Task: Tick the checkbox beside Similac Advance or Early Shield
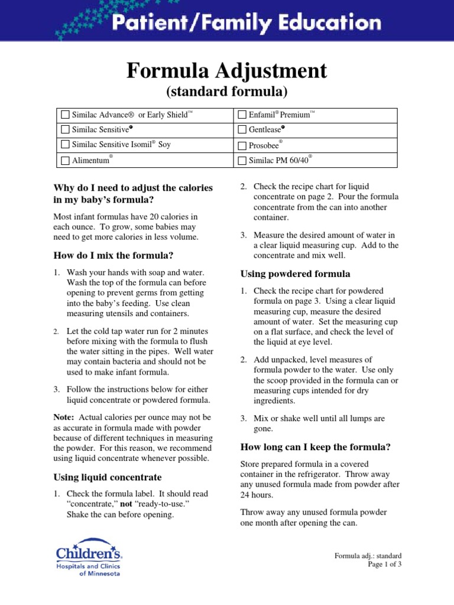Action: tap(65, 114)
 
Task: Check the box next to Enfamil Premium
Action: tap(242, 114)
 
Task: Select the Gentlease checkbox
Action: tap(242, 129)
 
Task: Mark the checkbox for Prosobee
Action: tap(242, 145)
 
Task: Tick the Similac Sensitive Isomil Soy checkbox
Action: tap(65, 145)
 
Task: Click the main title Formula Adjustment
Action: tap(226, 71)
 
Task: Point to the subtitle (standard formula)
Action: tap(226, 92)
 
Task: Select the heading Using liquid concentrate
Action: tap(108, 477)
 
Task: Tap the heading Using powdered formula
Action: tap(295, 274)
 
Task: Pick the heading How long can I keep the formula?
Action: tap(315, 447)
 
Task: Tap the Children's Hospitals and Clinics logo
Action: tap(89, 557)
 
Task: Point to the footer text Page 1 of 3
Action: tap(384, 564)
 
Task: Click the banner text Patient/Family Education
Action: tap(247, 24)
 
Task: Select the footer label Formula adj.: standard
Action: tap(368, 555)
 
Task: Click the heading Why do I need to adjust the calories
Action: tap(133, 188)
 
